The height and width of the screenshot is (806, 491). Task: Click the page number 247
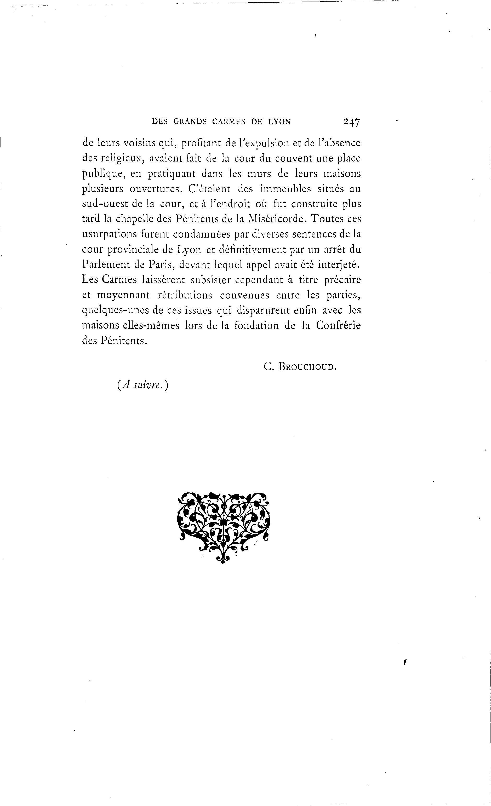pos(352,122)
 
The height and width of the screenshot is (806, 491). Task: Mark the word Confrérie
pos(339,326)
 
